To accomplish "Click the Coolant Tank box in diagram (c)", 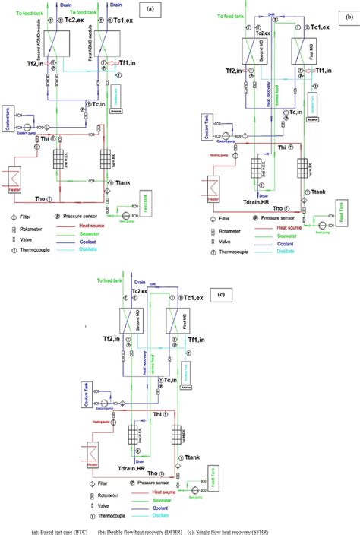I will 85,395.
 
